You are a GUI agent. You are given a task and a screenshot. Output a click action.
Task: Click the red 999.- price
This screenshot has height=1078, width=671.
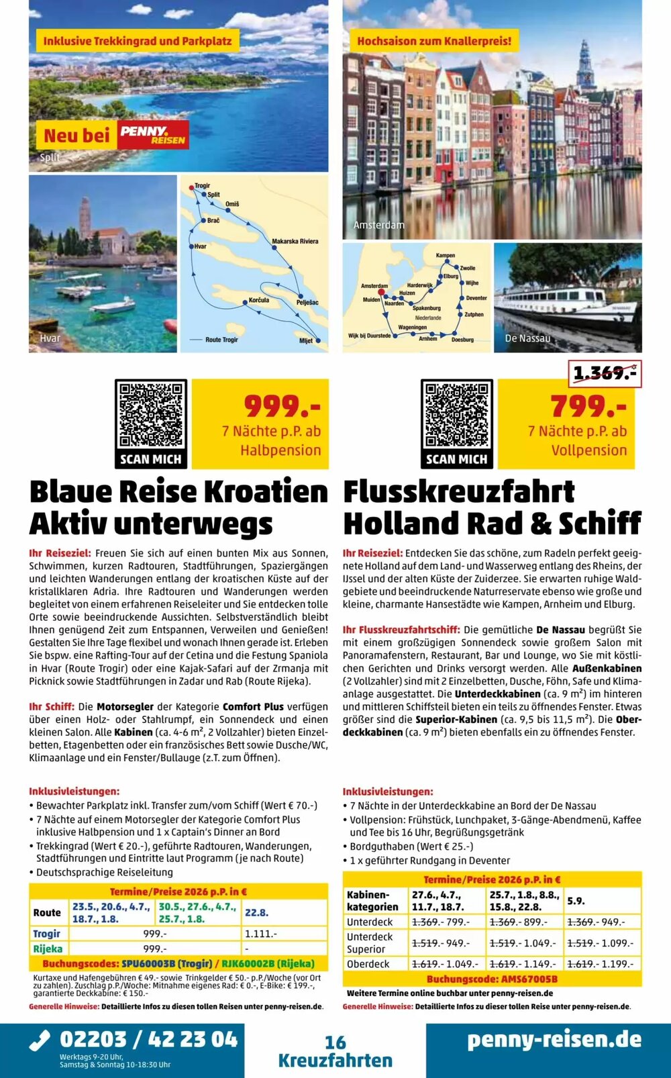coord(282,406)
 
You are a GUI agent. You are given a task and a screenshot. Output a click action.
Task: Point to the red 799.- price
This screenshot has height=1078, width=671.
coord(588,406)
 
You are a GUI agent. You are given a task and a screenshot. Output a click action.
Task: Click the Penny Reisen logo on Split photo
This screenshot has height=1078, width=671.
coord(153,135)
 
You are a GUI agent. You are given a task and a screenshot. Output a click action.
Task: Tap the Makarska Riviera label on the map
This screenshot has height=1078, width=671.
coord(295,241)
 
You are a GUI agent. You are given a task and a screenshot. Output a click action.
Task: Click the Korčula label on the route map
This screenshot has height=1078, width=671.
coord(258,301)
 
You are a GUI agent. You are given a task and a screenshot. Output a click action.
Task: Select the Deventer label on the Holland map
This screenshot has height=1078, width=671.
coord(476,298)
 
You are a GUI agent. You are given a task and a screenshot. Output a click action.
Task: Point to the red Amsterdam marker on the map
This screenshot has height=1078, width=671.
coord(381,293)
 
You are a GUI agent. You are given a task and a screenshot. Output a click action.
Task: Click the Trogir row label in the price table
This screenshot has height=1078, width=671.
coord(47,934)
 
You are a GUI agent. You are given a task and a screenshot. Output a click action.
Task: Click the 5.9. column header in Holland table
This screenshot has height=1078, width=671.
coord(576,901)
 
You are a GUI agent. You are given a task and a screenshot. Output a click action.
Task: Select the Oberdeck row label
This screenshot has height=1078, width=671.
coord(368,964)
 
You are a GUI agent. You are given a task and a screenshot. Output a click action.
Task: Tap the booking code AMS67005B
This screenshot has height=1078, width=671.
coord(492,979)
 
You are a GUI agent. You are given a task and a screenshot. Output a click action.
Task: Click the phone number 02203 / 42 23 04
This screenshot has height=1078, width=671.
coord(148,1040)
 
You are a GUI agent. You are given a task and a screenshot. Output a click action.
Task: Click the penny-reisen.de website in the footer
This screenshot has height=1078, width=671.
coord(554,1040)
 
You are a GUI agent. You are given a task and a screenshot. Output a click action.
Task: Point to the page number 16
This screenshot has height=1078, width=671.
coord(335,1042)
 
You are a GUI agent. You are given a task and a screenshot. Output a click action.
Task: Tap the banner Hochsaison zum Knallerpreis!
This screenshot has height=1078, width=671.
coord(434,41)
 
